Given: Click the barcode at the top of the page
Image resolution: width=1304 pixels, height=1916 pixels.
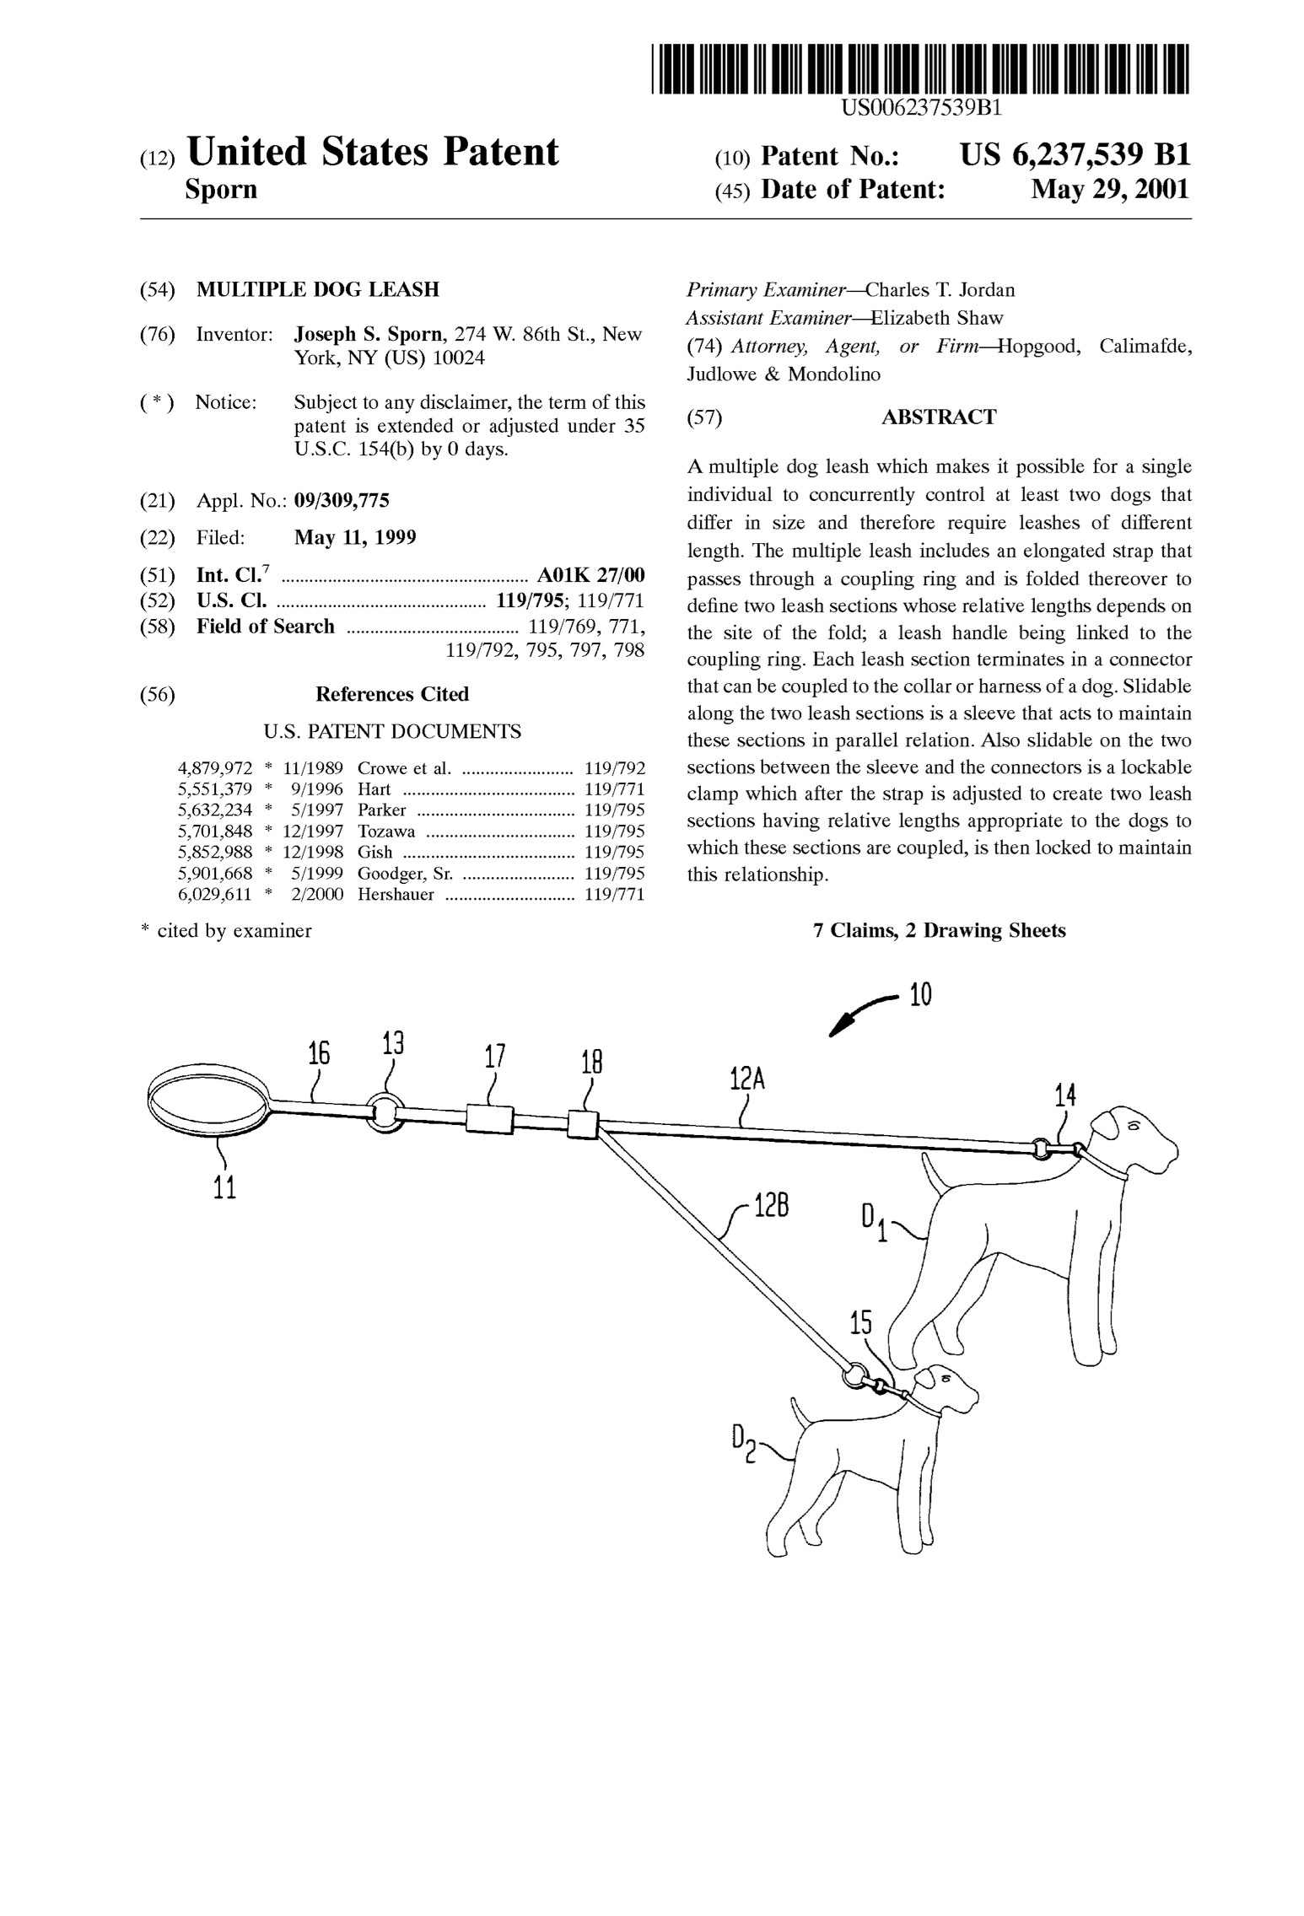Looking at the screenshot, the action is click(920, 68).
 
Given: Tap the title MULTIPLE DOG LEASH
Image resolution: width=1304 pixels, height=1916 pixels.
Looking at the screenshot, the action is click(318, 290).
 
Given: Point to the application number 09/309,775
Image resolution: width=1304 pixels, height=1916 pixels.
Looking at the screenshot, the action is click(342, 501).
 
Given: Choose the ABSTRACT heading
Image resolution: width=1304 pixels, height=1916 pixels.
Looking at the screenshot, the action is click(939, 417).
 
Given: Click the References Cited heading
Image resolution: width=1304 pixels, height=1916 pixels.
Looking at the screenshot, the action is click(392, 694).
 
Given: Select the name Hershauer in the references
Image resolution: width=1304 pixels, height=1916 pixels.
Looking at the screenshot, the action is click(396, 895).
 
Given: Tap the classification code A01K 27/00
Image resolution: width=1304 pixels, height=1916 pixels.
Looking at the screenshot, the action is click(591, 575).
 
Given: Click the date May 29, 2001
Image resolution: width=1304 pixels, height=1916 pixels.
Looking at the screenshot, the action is click(1111, 189).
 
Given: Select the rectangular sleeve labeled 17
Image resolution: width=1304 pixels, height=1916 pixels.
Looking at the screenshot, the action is click(490, 1119).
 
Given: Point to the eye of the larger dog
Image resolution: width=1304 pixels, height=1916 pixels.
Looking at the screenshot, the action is click(1133, 1126).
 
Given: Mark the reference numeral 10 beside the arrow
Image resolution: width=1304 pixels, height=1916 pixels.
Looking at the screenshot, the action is click(920, 996).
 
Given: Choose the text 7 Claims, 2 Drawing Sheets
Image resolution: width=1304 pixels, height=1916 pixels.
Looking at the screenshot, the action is click(939, 931).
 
